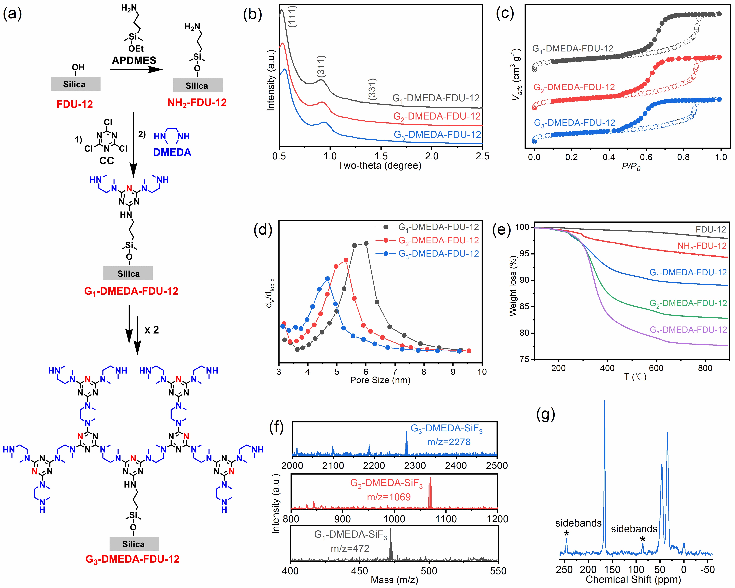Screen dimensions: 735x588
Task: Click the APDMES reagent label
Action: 134,60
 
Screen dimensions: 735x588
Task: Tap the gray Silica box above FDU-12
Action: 76,84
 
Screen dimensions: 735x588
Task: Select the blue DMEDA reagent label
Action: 172,152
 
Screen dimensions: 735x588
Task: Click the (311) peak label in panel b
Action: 321,66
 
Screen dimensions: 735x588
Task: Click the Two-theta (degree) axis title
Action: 380,166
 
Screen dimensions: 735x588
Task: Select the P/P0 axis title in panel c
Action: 631,167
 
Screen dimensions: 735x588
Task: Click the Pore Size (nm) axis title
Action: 380,380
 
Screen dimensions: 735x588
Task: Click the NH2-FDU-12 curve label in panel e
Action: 702,246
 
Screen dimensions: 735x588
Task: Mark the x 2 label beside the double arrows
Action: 152,330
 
